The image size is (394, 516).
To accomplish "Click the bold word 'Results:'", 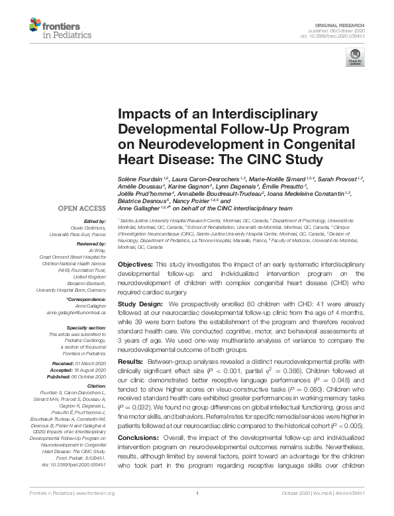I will [131, 362].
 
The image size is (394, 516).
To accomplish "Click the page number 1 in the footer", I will [197, 511].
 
